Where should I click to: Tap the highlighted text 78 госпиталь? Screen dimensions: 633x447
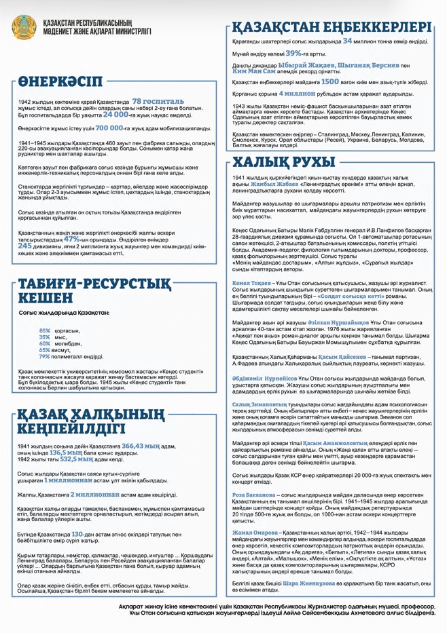tap(158, 100)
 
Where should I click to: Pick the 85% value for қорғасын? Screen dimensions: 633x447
tap(45, 330)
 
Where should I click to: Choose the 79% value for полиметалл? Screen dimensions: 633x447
tap(45, 356)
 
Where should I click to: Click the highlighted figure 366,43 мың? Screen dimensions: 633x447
tap(141, 446)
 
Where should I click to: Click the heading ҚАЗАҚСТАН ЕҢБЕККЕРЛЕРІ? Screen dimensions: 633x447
tap(332, 27)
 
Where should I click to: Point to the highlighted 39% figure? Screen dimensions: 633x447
tap(293, 53)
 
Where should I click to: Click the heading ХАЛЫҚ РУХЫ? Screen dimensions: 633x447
tap(284, 161)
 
